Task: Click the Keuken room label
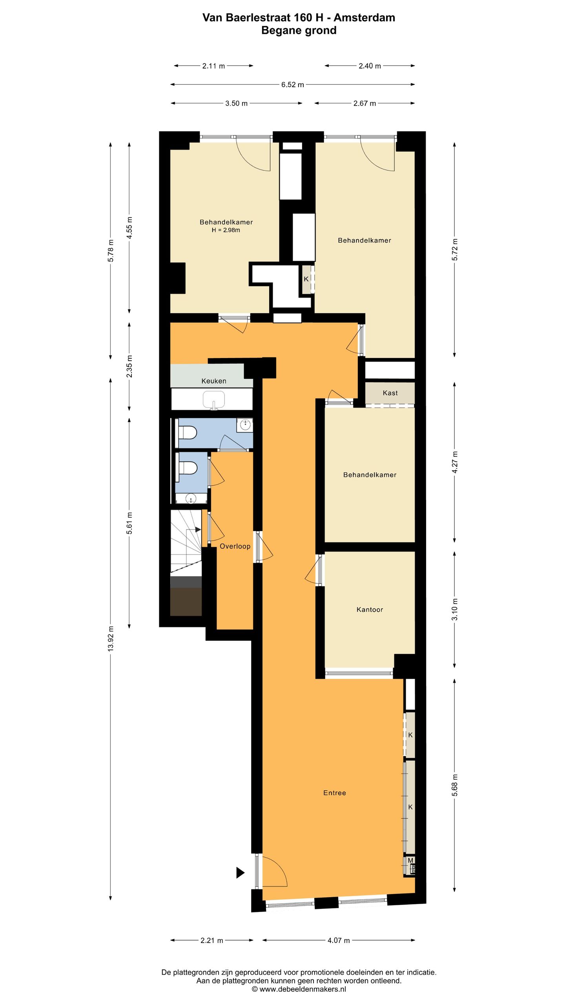click(213, 381)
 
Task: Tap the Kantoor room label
click(369, 609)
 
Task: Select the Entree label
click(334, 793)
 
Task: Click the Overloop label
click(235, 546)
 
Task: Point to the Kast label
click(390, 393)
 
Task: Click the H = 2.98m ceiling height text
click(226, 230)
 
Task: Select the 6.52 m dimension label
click(292, 84)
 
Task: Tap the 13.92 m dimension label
click(111, 639)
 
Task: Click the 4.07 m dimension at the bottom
click(338, 940)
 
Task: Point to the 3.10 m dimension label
click(455, 609)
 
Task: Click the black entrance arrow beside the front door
click(240, 873)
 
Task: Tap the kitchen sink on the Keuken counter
click(213, 400)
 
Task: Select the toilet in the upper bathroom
click(187, 433)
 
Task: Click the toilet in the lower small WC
click(187, 468)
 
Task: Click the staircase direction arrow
click(198, 530)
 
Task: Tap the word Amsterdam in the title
click(364, 18)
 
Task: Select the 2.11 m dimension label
click(213, 66)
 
